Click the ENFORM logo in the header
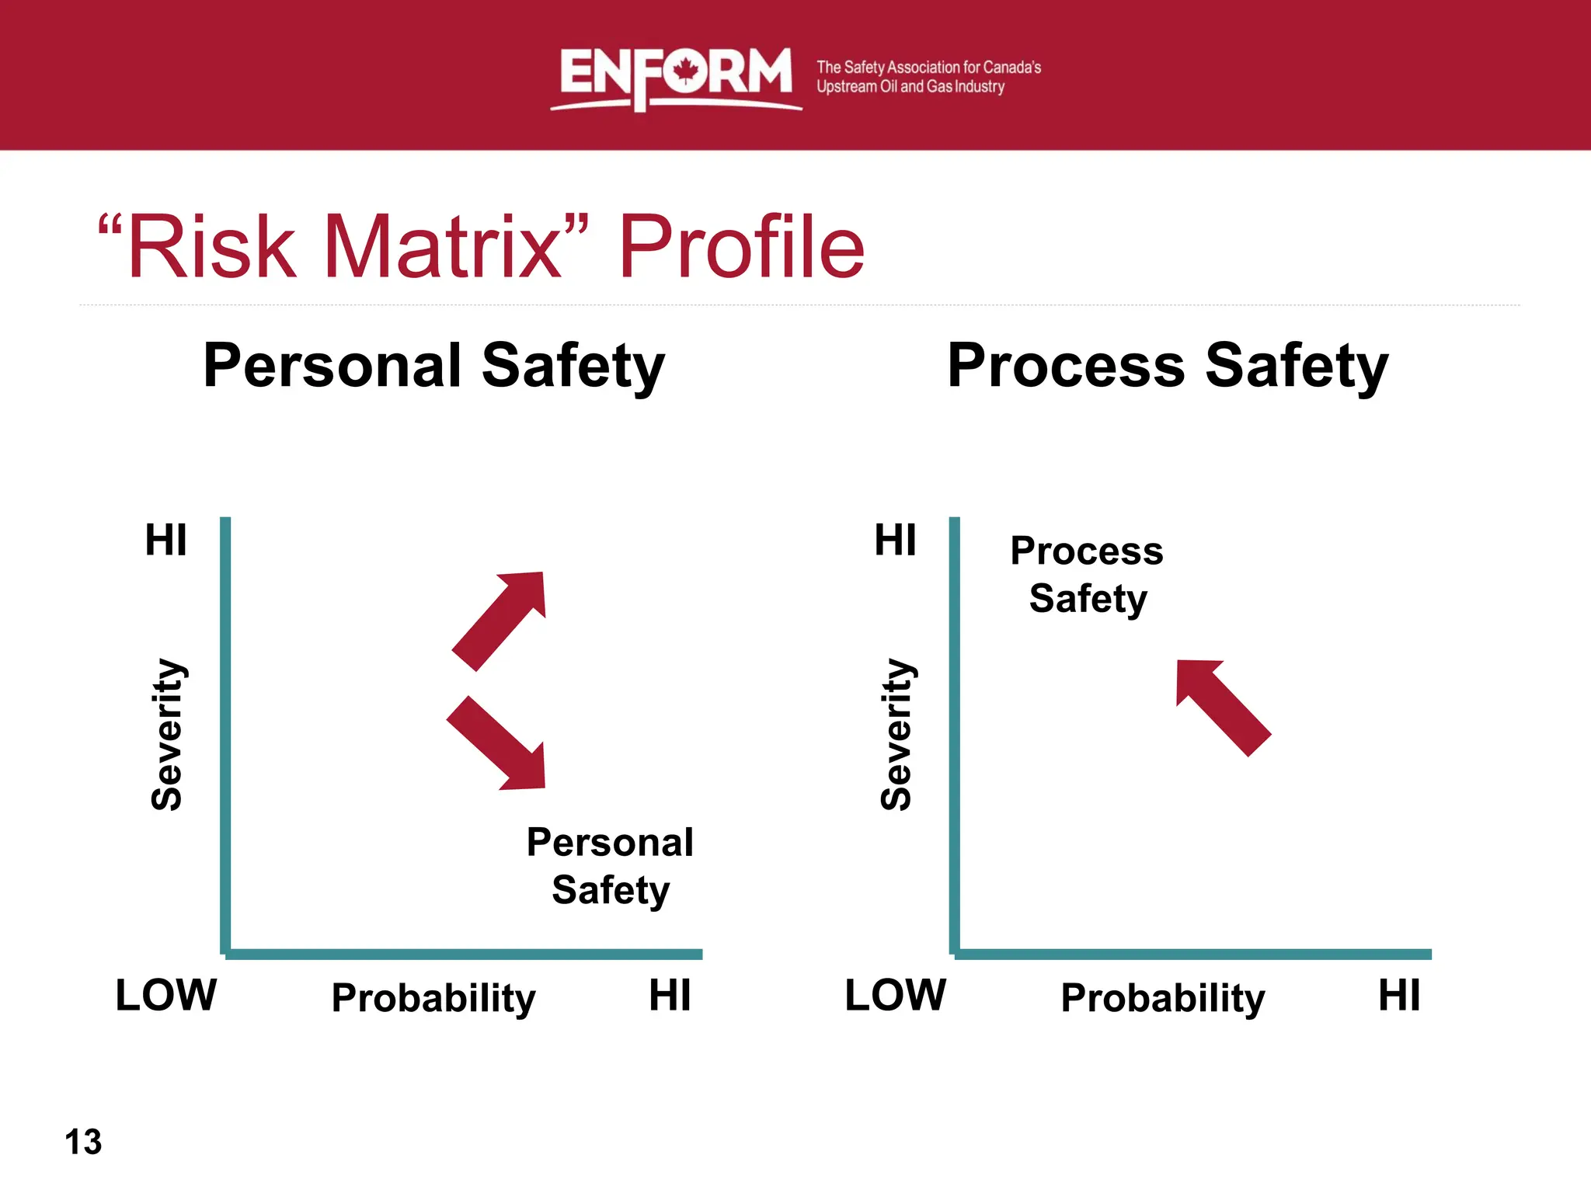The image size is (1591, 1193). (x=674, y=76)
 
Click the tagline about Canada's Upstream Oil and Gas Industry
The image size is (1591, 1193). (x=928, y=77)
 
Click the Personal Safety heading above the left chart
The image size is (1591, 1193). (x=433, y=366)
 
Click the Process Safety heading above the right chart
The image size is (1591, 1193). (x=1167, y=366)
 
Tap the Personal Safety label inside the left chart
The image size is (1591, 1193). (x=610, y=865)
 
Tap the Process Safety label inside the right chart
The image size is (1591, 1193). (x=1087, y=574)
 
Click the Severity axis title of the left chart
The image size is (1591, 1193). (x=167, y=735)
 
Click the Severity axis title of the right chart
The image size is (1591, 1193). (x=896, y=735)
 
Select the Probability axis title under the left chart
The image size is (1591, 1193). (x=433, y=998)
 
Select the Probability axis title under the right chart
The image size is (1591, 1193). (x=1163, y=998)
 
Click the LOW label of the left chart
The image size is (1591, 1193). (x=165, y=995)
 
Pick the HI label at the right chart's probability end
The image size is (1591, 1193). (x=1399, y=995)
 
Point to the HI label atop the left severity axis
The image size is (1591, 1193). (x=166, y=540)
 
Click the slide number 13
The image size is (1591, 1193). (x=83, y=1142)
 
